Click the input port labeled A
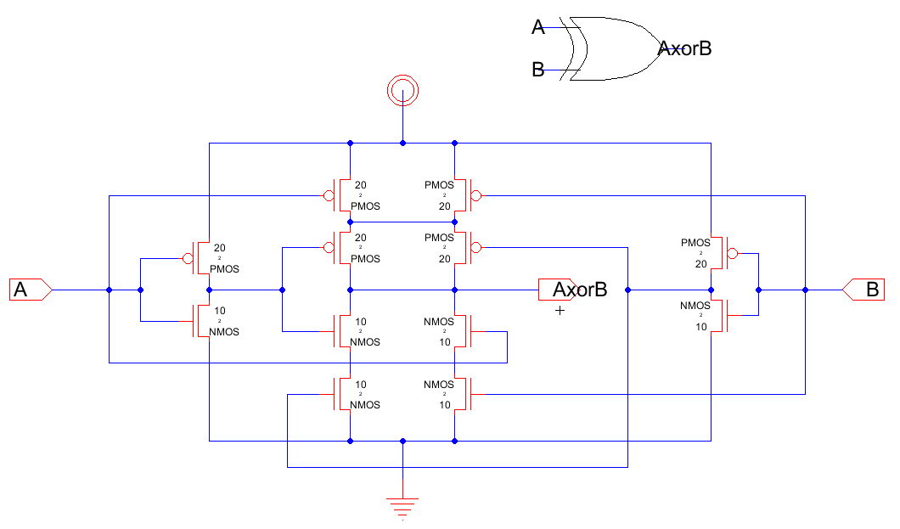coord(31,290)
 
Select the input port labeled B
coord(863,290)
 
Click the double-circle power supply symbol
coord(402,88)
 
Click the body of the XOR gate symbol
coord(616,48)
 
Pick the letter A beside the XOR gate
coord(537,27)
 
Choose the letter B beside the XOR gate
coord(537,70)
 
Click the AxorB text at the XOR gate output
coord(684,48)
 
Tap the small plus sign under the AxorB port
coord(560,311)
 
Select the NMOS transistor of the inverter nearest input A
coord(200,321)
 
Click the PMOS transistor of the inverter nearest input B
coord(720,252)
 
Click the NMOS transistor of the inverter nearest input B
coord(720,316)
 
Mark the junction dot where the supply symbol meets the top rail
coord(402,143)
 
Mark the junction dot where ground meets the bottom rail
coord(402,441)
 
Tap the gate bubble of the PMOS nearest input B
coord(733,252)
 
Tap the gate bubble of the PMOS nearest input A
coord(187,257)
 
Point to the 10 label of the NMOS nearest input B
coord(700,327)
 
